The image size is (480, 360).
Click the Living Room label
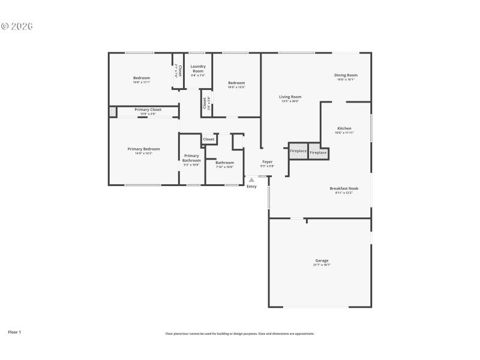point(291,97)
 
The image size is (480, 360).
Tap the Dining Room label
point(346,75)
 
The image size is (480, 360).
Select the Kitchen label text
point(344,128)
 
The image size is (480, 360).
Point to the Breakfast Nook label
point(344,188)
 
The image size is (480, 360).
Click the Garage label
point(322,260)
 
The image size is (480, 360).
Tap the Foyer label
point(267,162)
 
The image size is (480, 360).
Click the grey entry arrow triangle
point(251,179)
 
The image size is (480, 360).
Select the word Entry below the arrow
point(251,187)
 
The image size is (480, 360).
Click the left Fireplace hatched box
point(298,151)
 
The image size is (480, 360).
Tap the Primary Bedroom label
point(143,149)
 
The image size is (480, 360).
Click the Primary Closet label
point(148,110)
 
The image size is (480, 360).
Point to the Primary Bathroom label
point(191,158)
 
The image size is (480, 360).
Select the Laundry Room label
point(198,68)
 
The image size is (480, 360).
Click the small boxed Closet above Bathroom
point(208,139)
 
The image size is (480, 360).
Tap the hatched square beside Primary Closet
point(112,112)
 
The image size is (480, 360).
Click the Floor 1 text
point(14,331)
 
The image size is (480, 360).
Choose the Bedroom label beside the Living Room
point(236,83)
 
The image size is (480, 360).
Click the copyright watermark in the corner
point(17,26)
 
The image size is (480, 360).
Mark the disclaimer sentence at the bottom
point(239,334)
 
